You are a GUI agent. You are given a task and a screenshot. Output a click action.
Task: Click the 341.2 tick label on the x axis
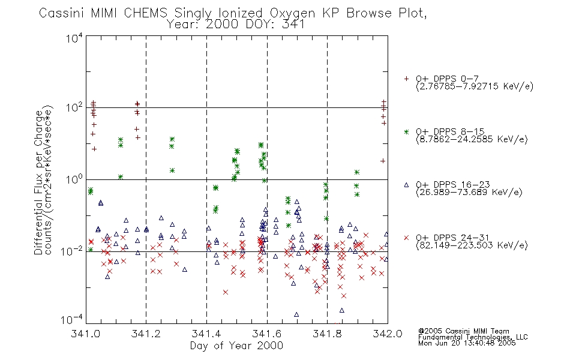click(146, 334)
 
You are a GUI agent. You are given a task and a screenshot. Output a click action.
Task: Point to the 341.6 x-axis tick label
click(267, 334)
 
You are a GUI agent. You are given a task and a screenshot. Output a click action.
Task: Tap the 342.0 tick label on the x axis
click(388, 334)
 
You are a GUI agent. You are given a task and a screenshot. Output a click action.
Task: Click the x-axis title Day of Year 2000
click(237, 346)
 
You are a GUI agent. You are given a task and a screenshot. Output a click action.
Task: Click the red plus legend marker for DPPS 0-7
click(406, 79)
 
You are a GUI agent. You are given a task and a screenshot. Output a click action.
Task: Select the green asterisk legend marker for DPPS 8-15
click(406, 131)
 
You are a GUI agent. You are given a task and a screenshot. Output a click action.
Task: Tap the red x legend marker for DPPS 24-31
click(406, 238)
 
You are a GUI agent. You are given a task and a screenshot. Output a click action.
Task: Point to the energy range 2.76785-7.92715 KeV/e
click(474, 87)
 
